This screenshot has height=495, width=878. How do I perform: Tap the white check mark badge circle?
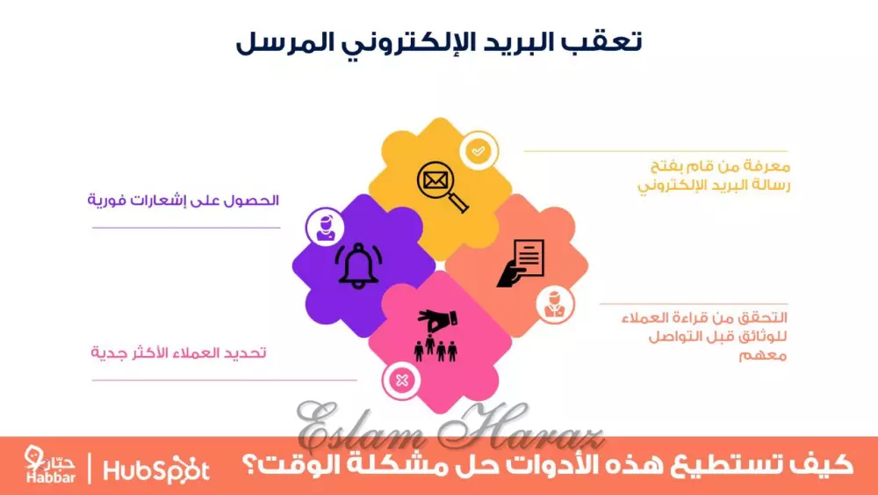[x=477, y=150]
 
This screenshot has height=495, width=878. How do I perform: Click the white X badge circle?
[x=401, y=380]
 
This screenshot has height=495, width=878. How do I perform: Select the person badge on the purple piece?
[x=322, y=226]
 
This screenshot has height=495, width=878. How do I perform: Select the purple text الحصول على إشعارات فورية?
[x=183, y=200]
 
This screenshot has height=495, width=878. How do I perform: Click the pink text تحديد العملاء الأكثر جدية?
[x=179, y=353]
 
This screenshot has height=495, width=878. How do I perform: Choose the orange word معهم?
[x=764, y=355]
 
